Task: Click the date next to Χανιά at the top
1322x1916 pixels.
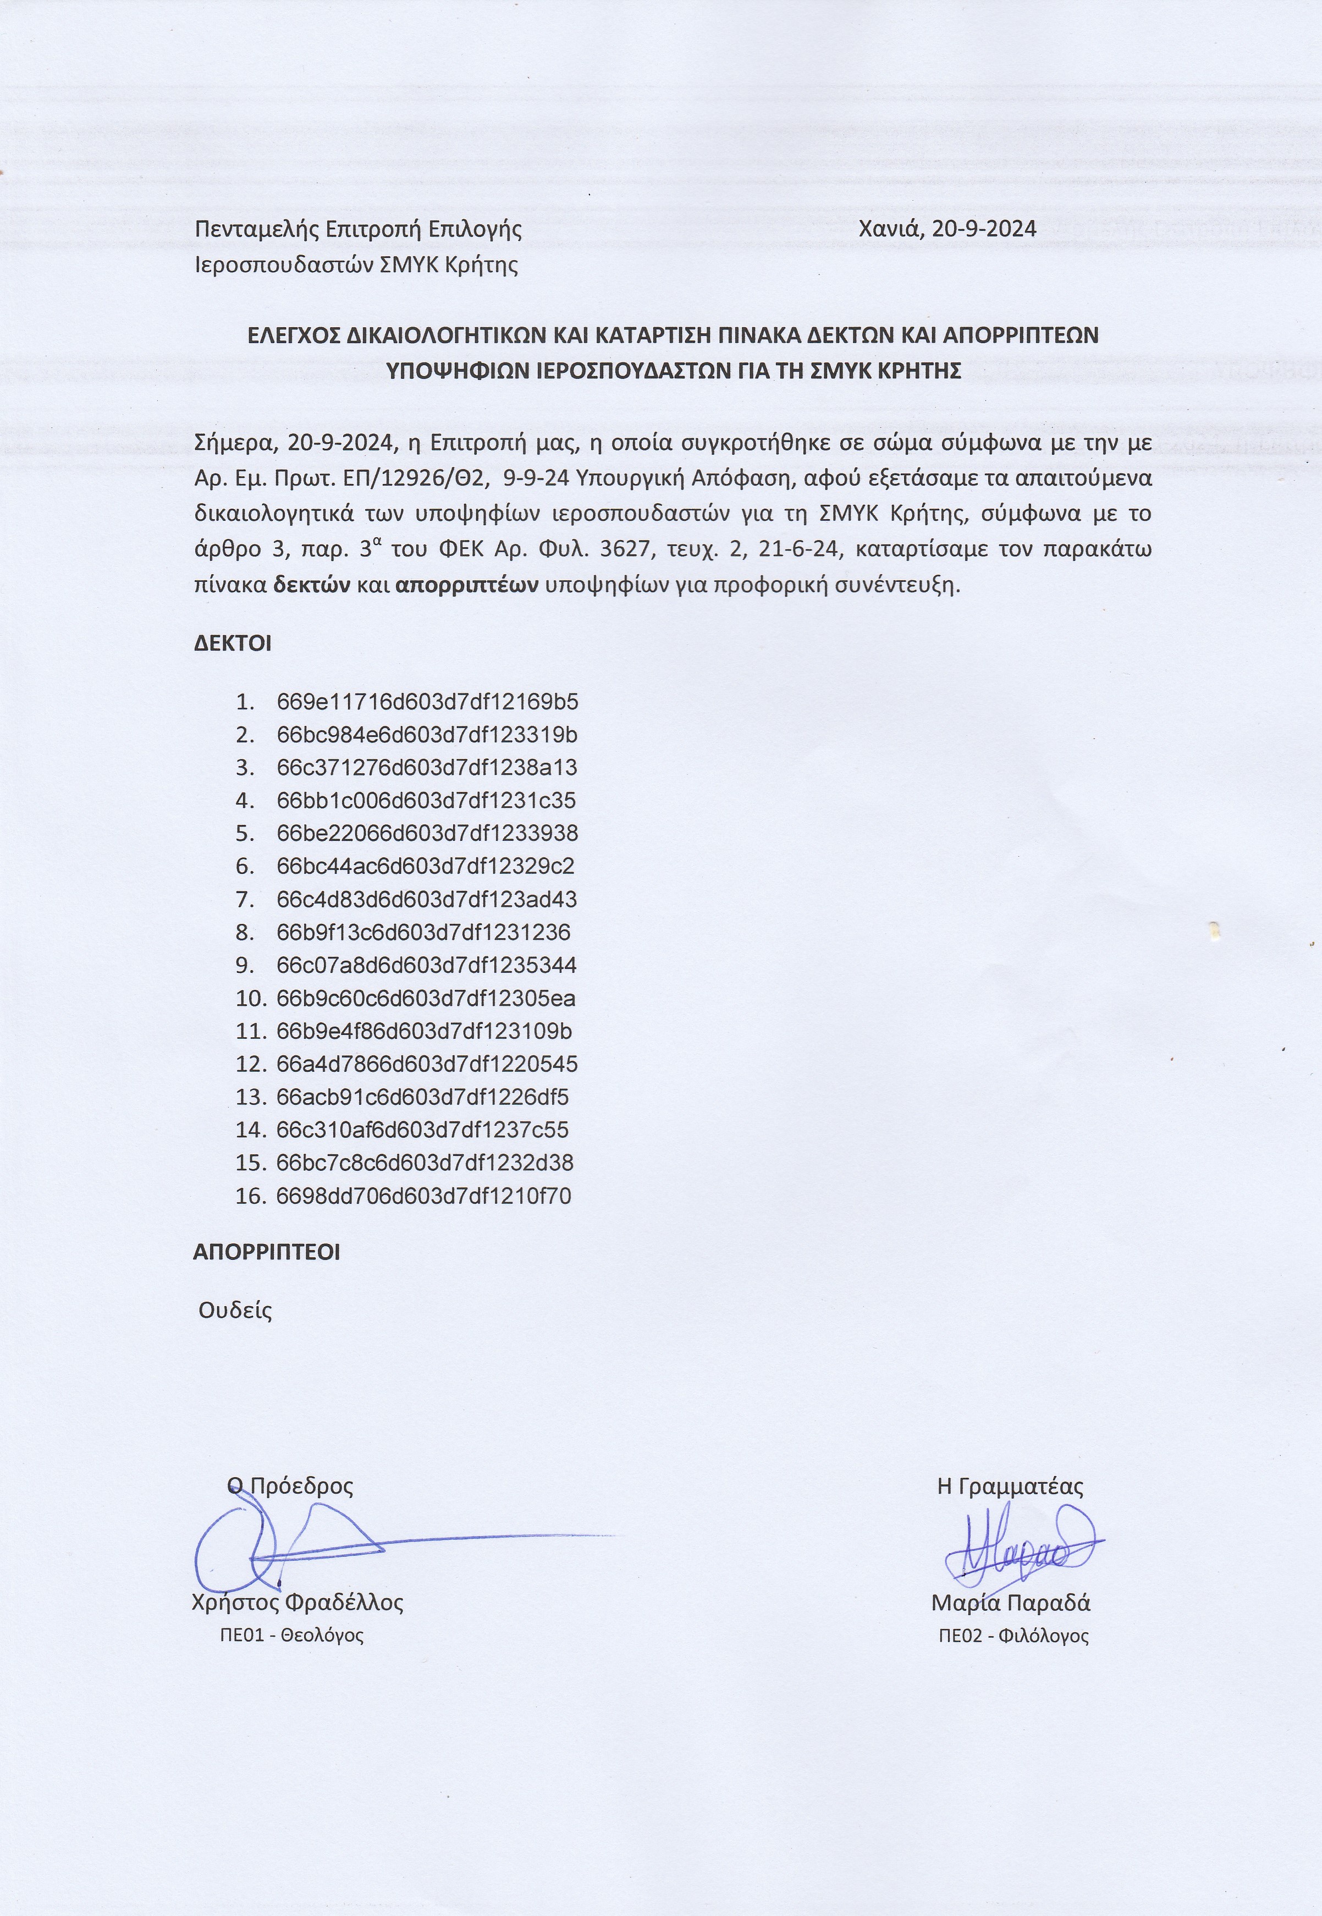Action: click(x=984, y=229)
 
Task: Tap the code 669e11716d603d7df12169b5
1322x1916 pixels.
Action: click(x=427, y=702)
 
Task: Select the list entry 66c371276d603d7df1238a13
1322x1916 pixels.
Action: click(x=427, y=768)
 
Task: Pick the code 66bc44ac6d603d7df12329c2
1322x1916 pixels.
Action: click(x=426, y=867)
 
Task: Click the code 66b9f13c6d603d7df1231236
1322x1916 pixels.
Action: click(x=423, y=933)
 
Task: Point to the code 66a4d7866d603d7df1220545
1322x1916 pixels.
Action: click(x=427, y=1065)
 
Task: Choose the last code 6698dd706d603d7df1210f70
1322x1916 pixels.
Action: click(x=424, y=1196)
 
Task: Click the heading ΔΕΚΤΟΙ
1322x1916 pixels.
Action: click(x=233, y=643)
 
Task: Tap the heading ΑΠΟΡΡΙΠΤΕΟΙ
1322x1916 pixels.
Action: click(x=267, y=1252)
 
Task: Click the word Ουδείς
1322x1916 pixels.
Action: click(x=235, y=1311)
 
